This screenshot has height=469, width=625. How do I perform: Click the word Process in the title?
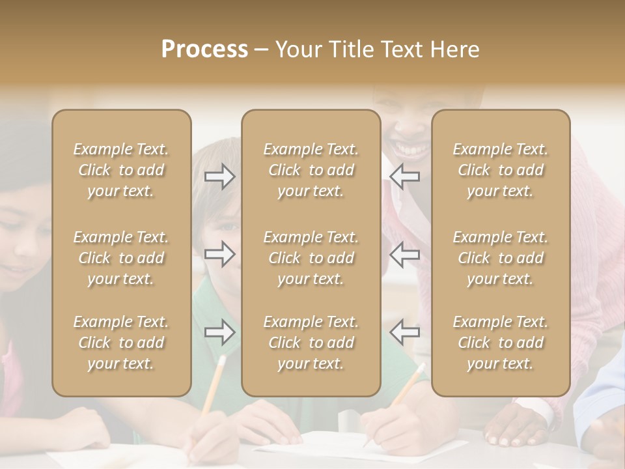pyautogui.click(x=204, y=50)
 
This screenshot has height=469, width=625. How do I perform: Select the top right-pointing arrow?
pyautogui.click(x=220, y=177)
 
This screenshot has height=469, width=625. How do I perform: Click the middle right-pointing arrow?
pyautogui.click(x=220, y=254)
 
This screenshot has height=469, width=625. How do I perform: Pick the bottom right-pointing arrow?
pyautogui.click(x=220, y=332)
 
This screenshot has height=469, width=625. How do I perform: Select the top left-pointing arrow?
pyautogui.click(x=404, y=177)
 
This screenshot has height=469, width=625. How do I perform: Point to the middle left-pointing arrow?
pyautogui.click(x=404, y=254)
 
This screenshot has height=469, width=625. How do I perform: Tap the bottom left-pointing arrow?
pyautogui.click(x=404, y=332)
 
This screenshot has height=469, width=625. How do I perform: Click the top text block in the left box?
pyautogui.click(x=121, y=170)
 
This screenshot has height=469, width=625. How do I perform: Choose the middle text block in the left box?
pyautogui.click(x=121, y=258)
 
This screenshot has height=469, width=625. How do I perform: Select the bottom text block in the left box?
pyautogui.click(x=121, y=343)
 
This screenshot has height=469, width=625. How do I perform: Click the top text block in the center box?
pyautogui.click(x=311, y=170)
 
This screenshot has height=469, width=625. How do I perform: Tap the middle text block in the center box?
pyautogui.click(x=311, y=258)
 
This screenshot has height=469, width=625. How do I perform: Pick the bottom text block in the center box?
pyautogui.click(x=311, y=343)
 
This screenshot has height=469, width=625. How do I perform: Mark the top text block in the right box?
pyautogui.click(x=501, y=170)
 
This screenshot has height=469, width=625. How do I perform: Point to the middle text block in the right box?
pyautogui.click(x=501, y=258)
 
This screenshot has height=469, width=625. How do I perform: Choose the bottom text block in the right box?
pyautogui.click(x=501, y=343)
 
